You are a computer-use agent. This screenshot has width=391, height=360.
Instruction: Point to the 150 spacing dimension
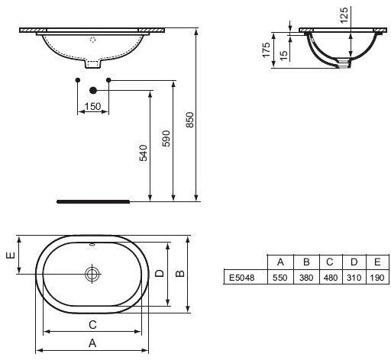click(93, 105)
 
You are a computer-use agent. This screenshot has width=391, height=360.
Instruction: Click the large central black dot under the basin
click(93, 89)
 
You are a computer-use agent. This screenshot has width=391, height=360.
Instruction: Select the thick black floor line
click(95, 202)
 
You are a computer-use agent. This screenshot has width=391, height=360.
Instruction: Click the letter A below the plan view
click(92, 344)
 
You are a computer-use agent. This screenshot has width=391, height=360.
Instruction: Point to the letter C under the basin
click(92, 322)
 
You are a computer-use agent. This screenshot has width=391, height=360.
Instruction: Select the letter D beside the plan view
click(159, 272)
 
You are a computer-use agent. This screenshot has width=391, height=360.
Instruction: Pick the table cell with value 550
click(280, 278)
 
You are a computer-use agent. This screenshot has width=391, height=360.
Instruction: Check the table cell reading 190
click(375, 278)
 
